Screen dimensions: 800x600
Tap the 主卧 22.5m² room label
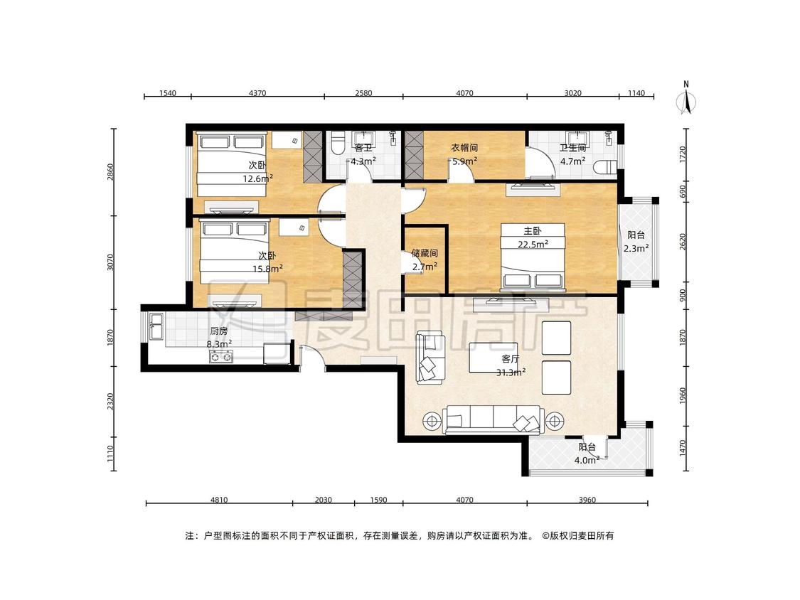pyautogui.click(x=533, y=237)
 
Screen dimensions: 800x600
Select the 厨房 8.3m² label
pyautogui.click(x=219, y=338)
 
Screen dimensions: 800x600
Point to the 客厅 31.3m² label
pyautogui.click(x=511, y=366)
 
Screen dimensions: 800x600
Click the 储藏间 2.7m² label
pyautogui.click(x=425, y=259)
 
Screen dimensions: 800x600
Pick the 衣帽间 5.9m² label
pyautogui.click(x=464, y=154)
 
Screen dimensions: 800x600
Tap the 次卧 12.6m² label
pyautogui.click(x=257, y=172)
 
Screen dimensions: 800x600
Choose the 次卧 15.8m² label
pyautogui.click(x=267, y=262)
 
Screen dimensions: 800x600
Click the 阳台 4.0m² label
pyautogui.click(x=587, y=454)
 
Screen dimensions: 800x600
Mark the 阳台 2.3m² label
pyautogui.click(x=636, y=241)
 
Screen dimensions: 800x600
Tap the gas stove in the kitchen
pyautogui.click(x=221, y=357)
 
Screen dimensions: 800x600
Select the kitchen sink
pyautogui.click(x=156, y=326)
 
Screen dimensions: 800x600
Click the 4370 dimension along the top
pyautogui.click(x=257, y=93)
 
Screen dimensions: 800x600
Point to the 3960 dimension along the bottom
pyautogui.click(x=587, y=500)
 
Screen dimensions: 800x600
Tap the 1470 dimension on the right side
pyautogui.click(x=683, y=449)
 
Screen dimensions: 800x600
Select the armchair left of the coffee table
pyautogui.click(x=429, y=358)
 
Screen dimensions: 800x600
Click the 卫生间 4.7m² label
pyautogui.click(x=572, y=154)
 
